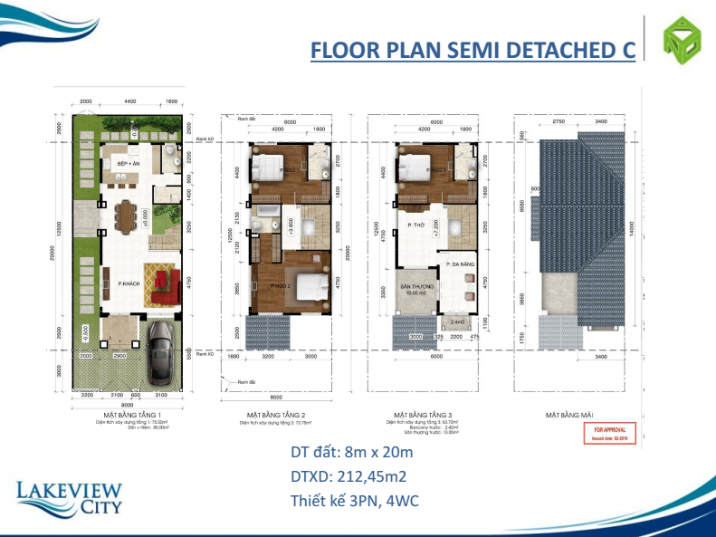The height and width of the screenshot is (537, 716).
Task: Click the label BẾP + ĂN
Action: (x=128, y=163)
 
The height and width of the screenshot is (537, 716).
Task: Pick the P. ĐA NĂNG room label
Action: (x=461, y=264)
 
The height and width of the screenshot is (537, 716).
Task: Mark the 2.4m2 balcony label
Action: (x=458, y=321)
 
